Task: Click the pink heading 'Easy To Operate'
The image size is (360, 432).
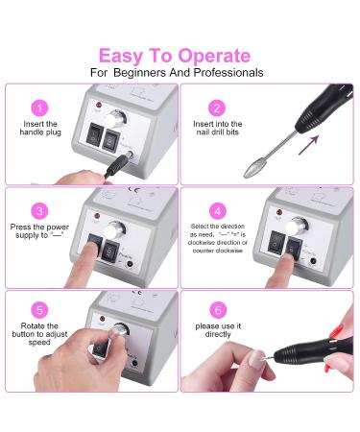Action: (180, 55)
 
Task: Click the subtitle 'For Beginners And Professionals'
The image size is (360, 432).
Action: (180, 73)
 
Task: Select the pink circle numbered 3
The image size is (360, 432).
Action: (39, 211)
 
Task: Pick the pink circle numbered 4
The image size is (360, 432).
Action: (217, 211)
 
